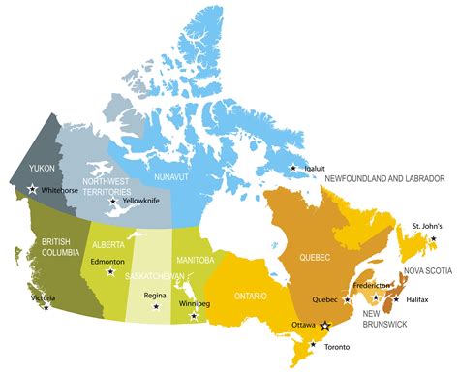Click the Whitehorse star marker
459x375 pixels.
[x=33, y=190]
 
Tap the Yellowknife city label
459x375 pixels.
[x=145, y=201]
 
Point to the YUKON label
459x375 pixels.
[x=44, y=168]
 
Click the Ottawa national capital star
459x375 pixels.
[x=325, y=328]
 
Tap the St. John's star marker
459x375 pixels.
[x=433, y=238]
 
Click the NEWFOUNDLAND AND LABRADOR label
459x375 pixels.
[x=384, y=179]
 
